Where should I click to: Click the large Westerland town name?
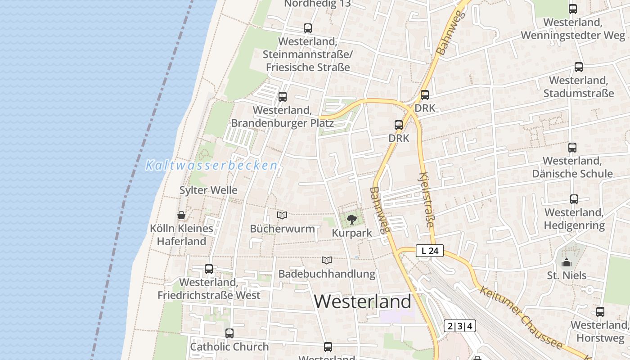pos(363,301)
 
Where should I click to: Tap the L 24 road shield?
pos(430,251)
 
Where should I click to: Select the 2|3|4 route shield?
pos(459,326)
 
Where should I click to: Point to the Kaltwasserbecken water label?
pos(211,165)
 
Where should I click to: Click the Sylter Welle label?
pos(208,190)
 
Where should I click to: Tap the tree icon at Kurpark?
pos(352,220)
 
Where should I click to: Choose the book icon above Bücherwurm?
pos(282,216)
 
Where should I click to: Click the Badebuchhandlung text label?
pos(327,274)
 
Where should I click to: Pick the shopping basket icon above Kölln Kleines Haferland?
pos(181,215)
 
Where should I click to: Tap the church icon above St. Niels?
pos(567,262)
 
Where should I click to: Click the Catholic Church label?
pos(229,346)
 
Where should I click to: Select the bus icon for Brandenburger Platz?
pos(283,97)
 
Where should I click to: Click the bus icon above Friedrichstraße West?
pos(209,269)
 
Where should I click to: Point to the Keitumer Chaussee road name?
pos(522,317)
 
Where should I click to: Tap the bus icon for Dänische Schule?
pos(572,147)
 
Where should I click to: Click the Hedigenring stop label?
pos(574,219)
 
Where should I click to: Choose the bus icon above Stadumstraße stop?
pos(579,67)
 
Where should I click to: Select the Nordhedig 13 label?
pos(318,4)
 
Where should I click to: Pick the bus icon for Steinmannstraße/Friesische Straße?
pos(308,28)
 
